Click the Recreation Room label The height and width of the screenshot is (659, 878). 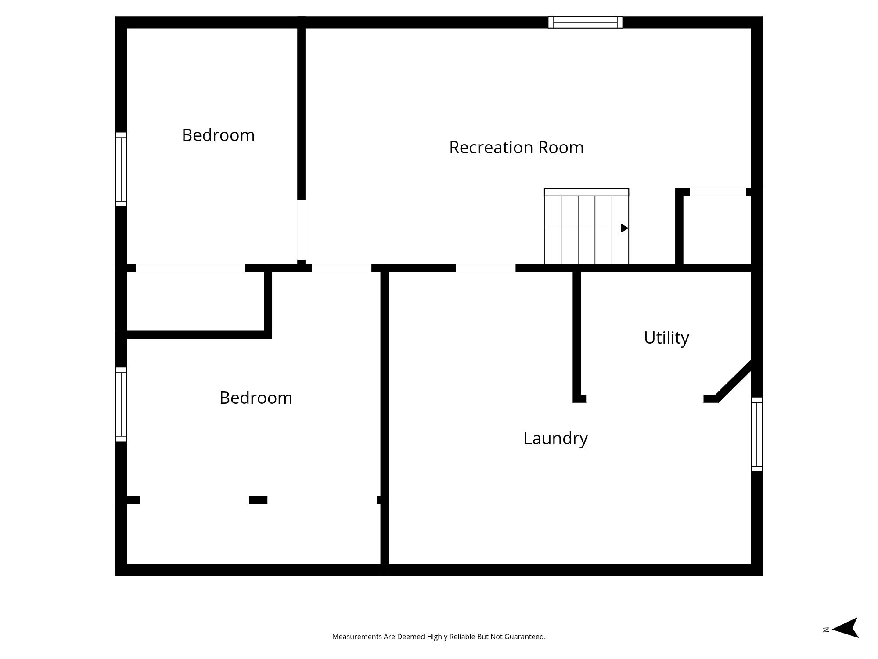tap(516, 148)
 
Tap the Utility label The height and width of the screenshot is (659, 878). tap(666, 338)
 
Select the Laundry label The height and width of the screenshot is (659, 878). tap(555, 438)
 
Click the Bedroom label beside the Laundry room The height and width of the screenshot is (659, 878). tap(255, 398)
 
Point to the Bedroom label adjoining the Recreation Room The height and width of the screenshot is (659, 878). tap(218, 135)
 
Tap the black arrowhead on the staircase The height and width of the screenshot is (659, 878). tap(624, 228)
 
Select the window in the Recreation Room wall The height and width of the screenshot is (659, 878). tap(585, 22)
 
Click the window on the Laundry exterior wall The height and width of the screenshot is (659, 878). tap(756, 434)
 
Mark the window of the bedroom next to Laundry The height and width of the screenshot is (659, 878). tap(121, 404)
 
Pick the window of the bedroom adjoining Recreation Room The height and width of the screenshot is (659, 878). tap(121, 169)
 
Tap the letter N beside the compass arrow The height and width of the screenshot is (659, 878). tap(826, 630)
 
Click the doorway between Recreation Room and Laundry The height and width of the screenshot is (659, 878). tap(486, 268)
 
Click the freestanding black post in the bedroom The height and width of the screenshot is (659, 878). tap(258, 500)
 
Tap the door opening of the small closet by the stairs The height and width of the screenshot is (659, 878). tap(718, 192)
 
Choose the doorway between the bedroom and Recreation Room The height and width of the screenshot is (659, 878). tap(301, 230)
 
